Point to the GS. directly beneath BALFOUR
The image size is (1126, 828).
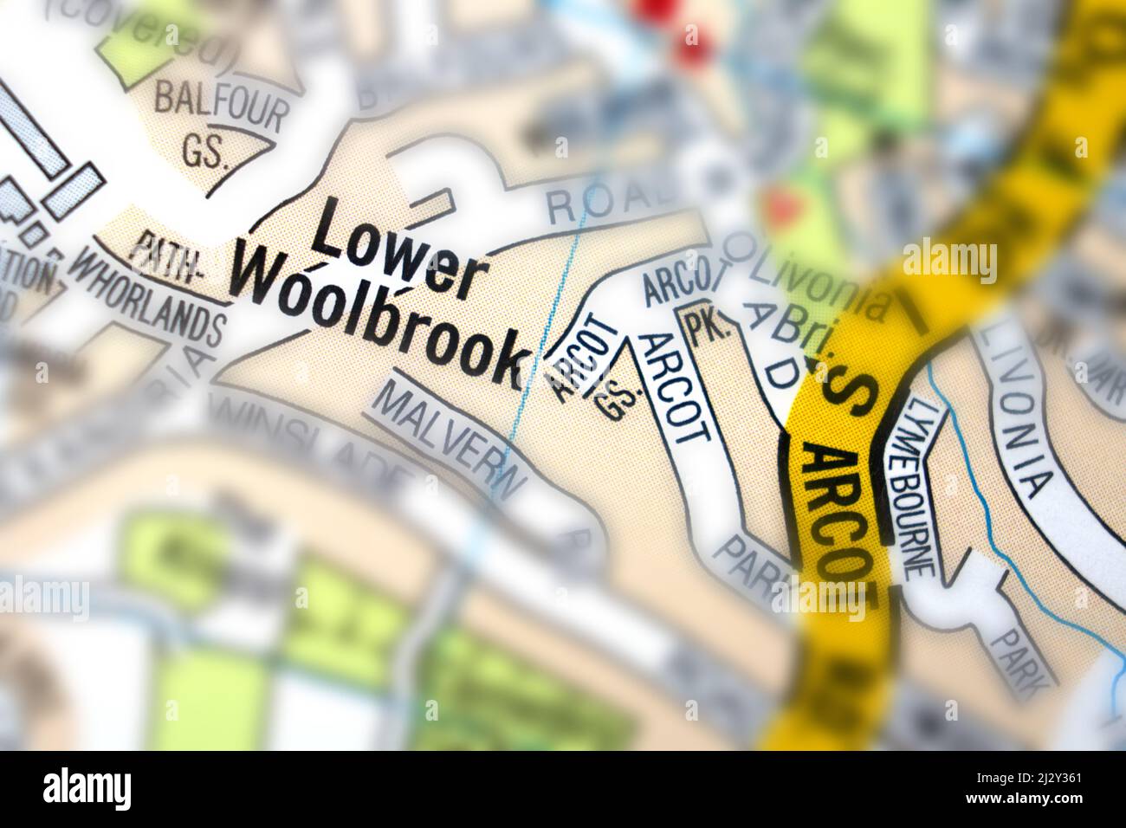click(x=205, y=153)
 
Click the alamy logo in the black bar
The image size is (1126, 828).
click(x=87, y=789)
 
